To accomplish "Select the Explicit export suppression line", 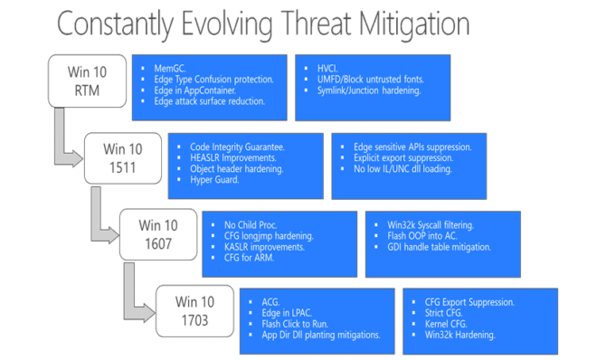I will coord(399,156).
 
